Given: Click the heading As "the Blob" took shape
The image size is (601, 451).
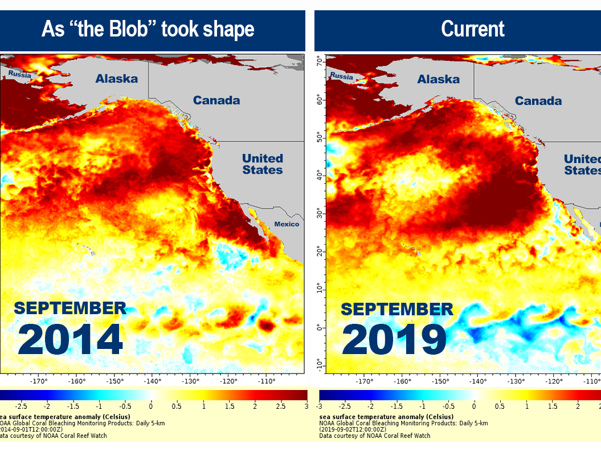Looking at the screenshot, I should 148,30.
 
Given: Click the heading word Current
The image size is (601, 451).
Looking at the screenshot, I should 472,30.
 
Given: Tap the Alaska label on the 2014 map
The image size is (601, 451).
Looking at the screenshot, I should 116,79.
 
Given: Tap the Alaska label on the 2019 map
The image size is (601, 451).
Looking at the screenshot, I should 438,79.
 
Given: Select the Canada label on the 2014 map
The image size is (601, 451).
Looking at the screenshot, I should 216,100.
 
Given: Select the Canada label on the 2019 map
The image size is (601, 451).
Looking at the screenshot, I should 538,101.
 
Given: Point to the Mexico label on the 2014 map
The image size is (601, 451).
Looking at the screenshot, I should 286,224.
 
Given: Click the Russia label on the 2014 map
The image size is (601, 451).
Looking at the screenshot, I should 19,74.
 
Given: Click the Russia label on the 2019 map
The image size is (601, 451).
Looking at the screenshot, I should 341,76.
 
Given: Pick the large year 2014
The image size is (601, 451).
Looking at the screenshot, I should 70,339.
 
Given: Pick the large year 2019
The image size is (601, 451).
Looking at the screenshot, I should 394,340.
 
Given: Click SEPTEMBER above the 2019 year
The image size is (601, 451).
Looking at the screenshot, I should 397,310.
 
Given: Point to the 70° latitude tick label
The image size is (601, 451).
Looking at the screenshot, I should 320,60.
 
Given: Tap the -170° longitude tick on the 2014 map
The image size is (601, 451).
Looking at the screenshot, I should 39,381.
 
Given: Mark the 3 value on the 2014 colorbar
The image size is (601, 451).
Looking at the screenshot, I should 306,406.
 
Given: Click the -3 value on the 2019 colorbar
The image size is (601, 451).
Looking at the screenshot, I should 320,406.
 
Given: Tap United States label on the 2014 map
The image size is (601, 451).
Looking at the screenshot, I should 262,164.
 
